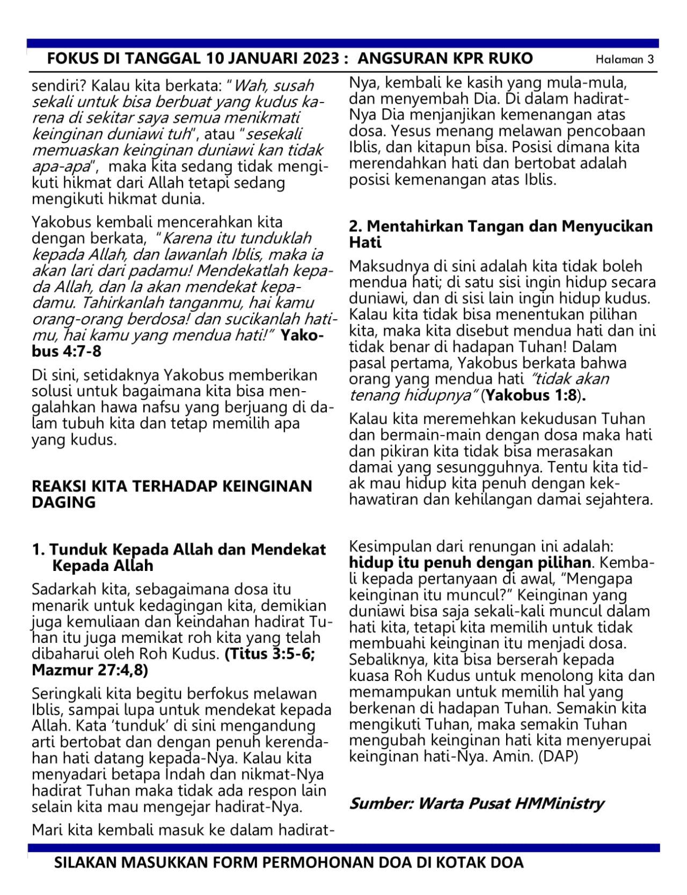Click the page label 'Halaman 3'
625,60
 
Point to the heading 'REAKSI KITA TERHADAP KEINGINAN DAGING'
172,494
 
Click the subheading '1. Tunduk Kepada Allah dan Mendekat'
179,549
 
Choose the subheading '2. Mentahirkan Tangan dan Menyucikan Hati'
501,234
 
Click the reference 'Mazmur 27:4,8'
90,671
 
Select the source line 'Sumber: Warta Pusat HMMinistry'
477,803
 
